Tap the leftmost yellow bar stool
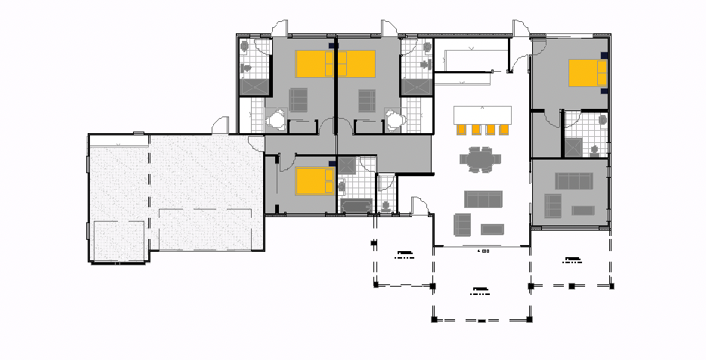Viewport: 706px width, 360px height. pyautogui.click(x=461, y=129)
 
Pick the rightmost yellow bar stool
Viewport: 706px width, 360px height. pyautogui.click(x=503, y=129)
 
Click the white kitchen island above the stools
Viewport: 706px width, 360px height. pyautogui.click(x=482, y=114)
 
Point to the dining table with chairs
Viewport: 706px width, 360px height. pyautogui.click(x=481, y=161)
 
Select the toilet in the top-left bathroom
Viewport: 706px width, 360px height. pyautogui.click(x=245, y=47)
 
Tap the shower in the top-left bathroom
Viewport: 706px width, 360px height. pyautogui.click(x=254, y=86)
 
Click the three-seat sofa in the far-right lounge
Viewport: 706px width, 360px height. pyautogui.click(x=573, y=180)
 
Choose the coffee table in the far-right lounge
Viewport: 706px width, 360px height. pyautogui.click(x=583, y=209)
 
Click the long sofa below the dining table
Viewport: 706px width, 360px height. pyautogui.click(x=482, y=200)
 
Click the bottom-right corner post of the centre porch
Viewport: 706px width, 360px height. pyautogui.click(x=531, y=320)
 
